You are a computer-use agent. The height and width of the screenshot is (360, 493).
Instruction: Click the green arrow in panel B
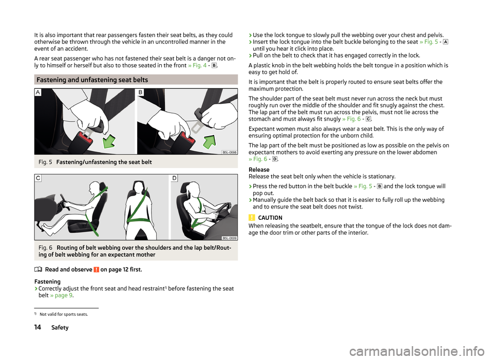click(210, 141)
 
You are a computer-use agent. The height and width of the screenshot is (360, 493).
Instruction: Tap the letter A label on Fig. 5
click(37, 92)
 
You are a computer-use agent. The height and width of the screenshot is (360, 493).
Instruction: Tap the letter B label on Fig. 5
click(141, 92)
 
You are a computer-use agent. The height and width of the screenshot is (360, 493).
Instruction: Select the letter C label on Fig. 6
click(38, 178)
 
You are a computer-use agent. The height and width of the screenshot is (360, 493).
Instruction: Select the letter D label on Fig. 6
click(174, 178)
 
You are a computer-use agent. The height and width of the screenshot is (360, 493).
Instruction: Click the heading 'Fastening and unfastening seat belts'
click(92, 80)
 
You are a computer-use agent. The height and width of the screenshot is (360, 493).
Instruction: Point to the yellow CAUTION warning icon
click(252, 218)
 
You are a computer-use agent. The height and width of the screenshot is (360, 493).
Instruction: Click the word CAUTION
click(270, 218)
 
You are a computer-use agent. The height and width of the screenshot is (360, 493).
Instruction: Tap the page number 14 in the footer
click(37, 327)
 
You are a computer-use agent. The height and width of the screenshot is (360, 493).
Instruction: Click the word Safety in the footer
click(60, 327)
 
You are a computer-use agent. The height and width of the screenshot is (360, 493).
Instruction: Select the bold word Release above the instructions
click(259, 169)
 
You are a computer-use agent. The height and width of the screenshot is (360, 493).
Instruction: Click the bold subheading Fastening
click(47, 281)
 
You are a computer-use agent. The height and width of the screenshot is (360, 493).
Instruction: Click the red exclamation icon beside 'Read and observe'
click(96, 270)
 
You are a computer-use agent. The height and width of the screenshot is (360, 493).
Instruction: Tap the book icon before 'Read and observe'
click(37, 270)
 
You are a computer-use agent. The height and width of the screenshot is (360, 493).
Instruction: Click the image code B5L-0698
click(230, 152)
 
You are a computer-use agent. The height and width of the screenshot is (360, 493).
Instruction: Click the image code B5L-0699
click(230, 238)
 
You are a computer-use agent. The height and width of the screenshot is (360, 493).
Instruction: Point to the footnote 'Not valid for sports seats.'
click(64, 314)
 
